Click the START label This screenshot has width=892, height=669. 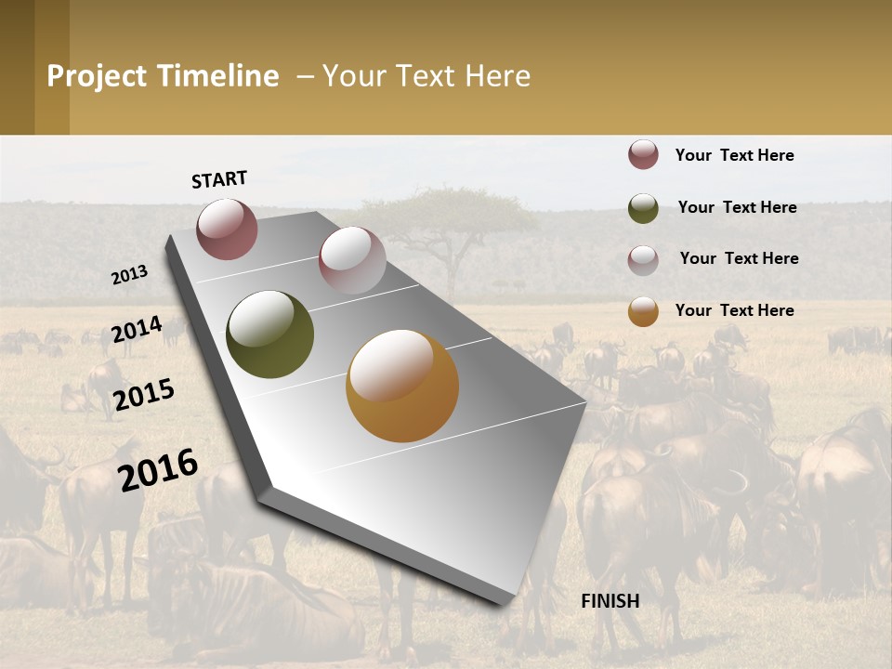(x=219, y=179)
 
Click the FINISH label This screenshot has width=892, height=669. (x=610, y=601)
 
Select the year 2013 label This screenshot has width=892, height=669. (x=129, y=275)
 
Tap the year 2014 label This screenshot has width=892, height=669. (x=137, y=329)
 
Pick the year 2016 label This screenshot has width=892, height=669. (x=158, y=469)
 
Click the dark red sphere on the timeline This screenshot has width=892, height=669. (x=227, y=229)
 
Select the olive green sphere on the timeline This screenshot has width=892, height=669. (x=269, y=334)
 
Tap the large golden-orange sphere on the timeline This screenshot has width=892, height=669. (x=401, y=386)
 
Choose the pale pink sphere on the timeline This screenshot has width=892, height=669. (x=352, y=260)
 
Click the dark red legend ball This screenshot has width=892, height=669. (x=643, y=155)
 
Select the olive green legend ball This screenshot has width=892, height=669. (x=643, y=208)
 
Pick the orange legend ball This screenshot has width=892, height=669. (x=643, y=311)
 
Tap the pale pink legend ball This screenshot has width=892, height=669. (x=643, y=260)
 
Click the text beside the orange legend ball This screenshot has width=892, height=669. (x=734, y=310)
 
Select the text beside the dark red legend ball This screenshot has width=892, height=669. (x=734, y=155)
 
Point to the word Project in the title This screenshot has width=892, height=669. (x=97, y=76)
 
